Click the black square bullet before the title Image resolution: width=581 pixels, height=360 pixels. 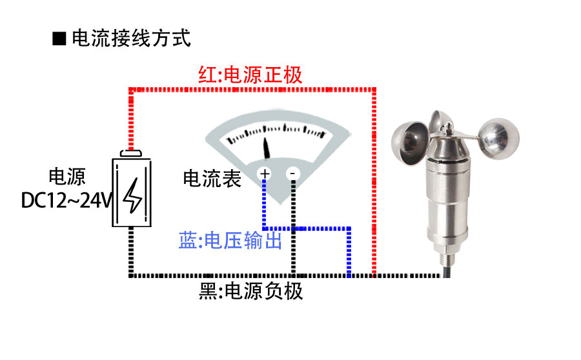(59, 39)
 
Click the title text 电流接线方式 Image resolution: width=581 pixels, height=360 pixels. (131, 38)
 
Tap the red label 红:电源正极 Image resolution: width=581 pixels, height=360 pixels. (250, 75)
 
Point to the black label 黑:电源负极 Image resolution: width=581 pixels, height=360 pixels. (251, 292)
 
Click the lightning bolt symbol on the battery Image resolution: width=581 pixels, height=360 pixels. (134, 195)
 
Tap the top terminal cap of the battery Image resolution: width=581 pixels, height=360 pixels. (132, 153)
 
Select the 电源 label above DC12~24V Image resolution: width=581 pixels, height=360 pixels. (67, 177)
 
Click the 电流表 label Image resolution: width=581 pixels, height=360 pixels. (212, 179)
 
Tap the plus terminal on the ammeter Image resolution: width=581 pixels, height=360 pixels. (265, 174)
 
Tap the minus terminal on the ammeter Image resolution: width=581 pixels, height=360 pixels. (292, 174)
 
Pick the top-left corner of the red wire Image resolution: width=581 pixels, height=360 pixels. (132, 89)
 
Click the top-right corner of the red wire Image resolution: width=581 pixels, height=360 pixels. (374, 89)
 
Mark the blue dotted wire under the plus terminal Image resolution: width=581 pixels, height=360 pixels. (265, 203)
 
